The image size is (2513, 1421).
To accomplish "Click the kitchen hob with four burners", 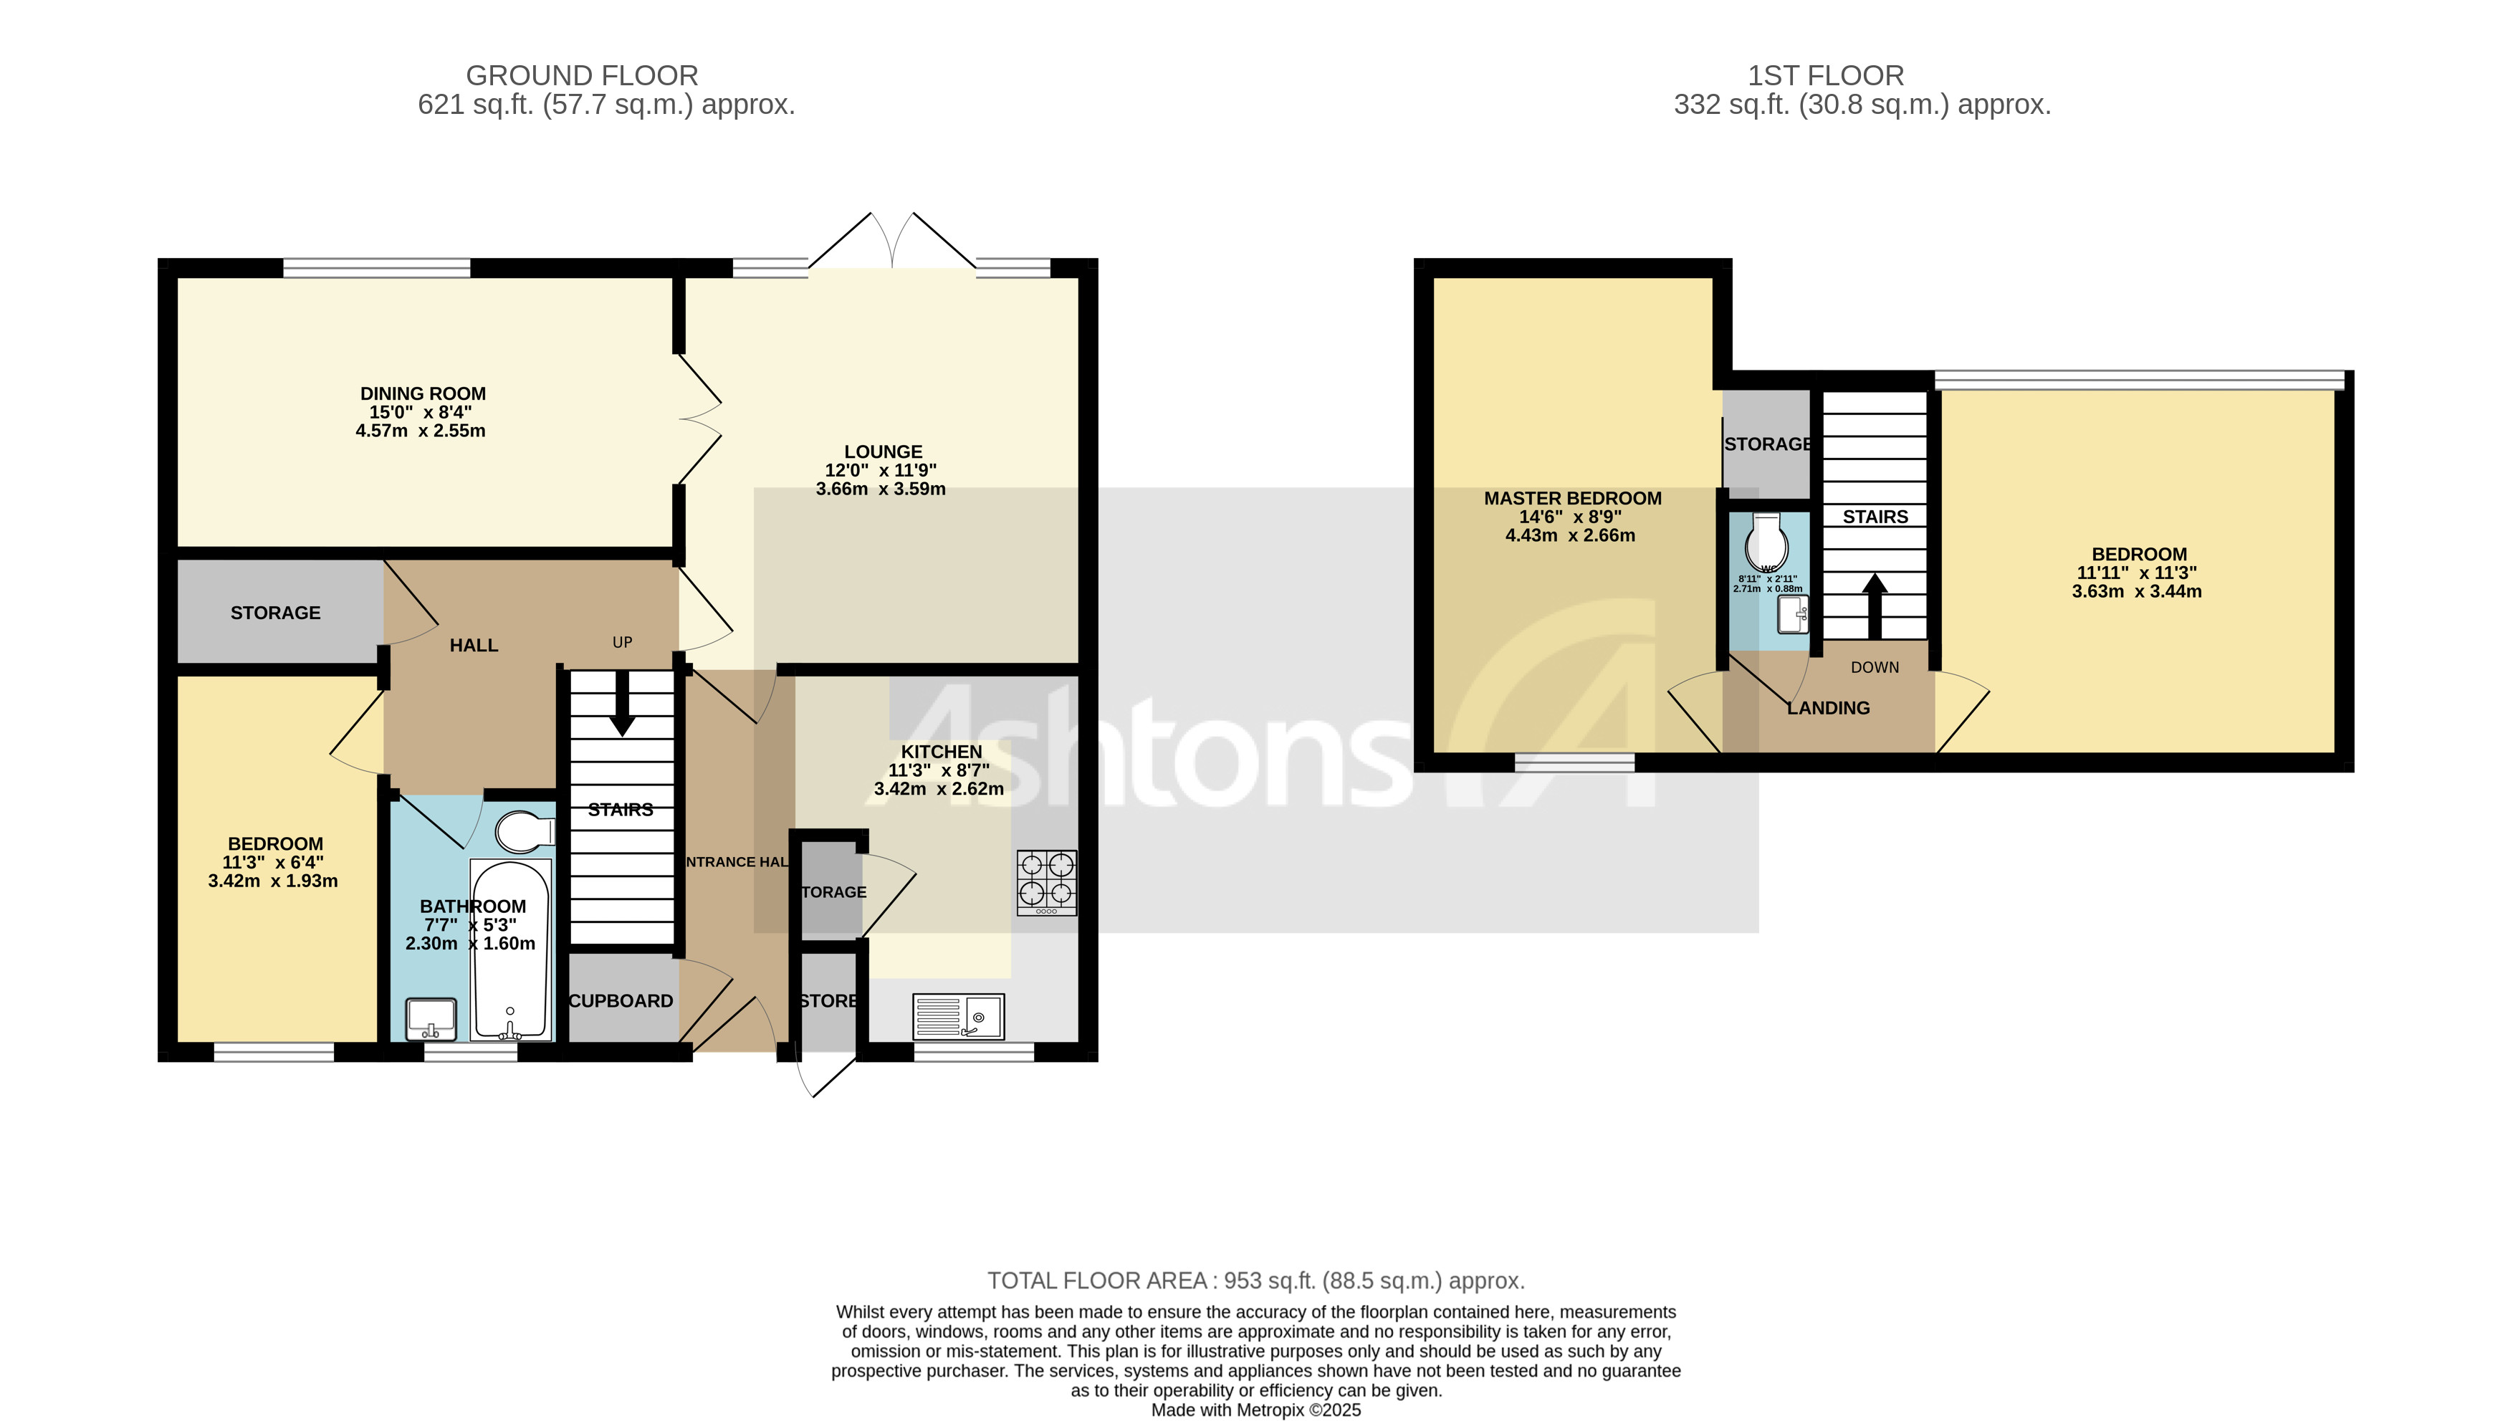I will (x=1046, y=881).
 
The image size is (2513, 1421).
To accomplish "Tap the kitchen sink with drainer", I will (x=957, y=1017).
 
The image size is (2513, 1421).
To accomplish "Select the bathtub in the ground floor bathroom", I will (x=509, y=949).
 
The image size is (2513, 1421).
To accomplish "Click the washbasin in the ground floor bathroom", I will (x=431, y=1018).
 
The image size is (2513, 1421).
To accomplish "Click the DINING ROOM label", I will (x=423, y=393).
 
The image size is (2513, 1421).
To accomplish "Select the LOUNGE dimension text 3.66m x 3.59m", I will (x=880, y=489).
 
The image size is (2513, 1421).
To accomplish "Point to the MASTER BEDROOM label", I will (x=1572, y=498).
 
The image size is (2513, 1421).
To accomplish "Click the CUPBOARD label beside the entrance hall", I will (x=621, y=1000).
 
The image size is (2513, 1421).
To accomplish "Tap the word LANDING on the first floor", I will (x=1828, y=707).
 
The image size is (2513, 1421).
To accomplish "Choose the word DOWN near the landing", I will (x=1874, y=668).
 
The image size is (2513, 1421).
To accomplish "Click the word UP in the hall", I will (x=622, y=642).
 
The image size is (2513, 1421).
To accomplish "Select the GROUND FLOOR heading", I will (x=582, y=75).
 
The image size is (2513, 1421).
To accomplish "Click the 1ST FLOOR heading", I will (x=1825, y=75).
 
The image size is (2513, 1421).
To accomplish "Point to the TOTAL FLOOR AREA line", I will (x=1255, y=1281).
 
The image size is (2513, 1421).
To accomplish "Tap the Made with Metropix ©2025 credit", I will (x=1255, y=1410).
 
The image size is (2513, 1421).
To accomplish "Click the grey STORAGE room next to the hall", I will (x=276, y=612).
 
